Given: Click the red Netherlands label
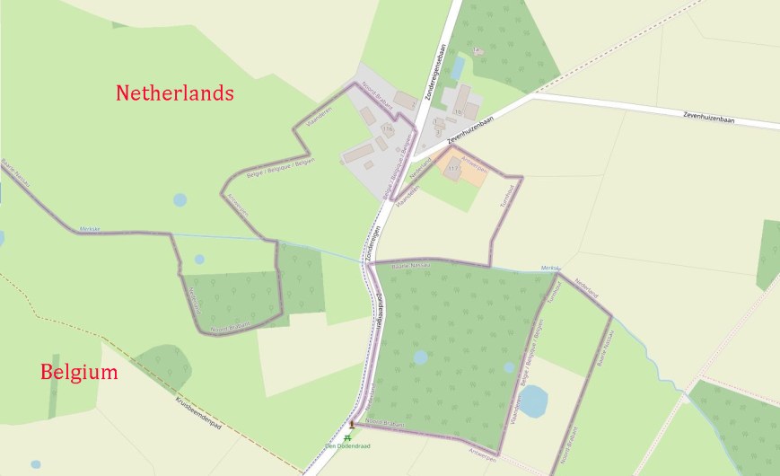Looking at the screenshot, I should (175, 93).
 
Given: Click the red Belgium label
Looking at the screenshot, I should (79, 373).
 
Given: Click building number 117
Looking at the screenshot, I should (452, 167).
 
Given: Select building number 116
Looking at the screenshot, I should (388, 130).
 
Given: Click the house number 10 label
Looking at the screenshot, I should (458, 111).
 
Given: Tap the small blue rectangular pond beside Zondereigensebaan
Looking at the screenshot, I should (459, 68).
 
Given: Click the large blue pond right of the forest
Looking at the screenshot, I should (533, 401).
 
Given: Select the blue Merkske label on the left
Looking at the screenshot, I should (89, 228).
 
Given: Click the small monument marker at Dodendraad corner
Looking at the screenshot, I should (352, 423).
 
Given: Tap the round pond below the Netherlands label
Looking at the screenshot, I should (180, 199).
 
